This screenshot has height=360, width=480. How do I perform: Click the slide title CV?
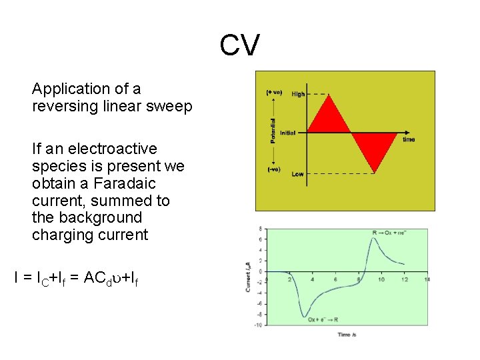coord(240,47)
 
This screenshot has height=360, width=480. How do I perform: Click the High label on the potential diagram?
coord(298,94)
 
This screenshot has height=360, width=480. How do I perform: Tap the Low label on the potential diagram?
coord(297,174)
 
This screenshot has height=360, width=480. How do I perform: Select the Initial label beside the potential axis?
coord(287,133)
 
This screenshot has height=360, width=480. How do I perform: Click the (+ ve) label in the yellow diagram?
coord(274,92)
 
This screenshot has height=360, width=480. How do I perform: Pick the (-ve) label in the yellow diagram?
coord(273,169)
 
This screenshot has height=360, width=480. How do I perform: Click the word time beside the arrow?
coord(409,139)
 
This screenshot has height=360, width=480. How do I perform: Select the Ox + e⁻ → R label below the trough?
coord(323,319)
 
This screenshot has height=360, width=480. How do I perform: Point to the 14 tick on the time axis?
coord(426,279)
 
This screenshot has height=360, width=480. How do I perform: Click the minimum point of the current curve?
coord(305,315)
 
